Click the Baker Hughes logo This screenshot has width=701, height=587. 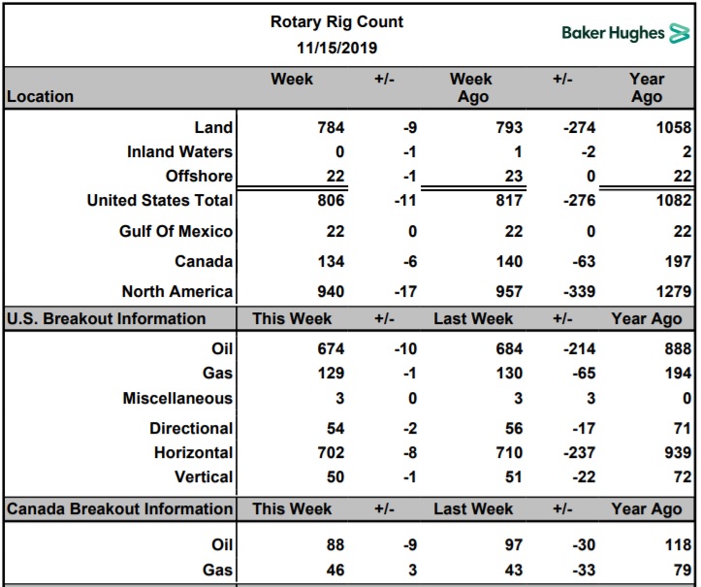626,33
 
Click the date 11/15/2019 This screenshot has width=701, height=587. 337,48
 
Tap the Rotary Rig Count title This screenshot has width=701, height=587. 336,21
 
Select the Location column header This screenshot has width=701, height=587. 40,96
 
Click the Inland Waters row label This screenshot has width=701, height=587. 179,151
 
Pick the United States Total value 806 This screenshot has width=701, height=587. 332,200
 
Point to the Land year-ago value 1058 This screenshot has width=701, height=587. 674,127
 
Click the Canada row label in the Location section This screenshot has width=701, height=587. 204,261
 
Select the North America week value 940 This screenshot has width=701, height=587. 332,292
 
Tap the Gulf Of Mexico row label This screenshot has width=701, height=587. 176,231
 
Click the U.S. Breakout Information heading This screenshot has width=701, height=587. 107,318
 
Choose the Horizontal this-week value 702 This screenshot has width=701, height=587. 332,453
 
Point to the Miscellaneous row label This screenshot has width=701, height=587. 178,398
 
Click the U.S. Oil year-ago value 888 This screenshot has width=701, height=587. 678,348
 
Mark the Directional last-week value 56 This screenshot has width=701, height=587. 514,429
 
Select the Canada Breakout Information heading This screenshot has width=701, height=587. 120,508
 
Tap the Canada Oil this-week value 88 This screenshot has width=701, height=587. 335,545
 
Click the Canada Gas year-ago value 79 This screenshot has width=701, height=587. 683,570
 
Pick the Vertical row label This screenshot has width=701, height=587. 204,477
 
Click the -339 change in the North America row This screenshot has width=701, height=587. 580,292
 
